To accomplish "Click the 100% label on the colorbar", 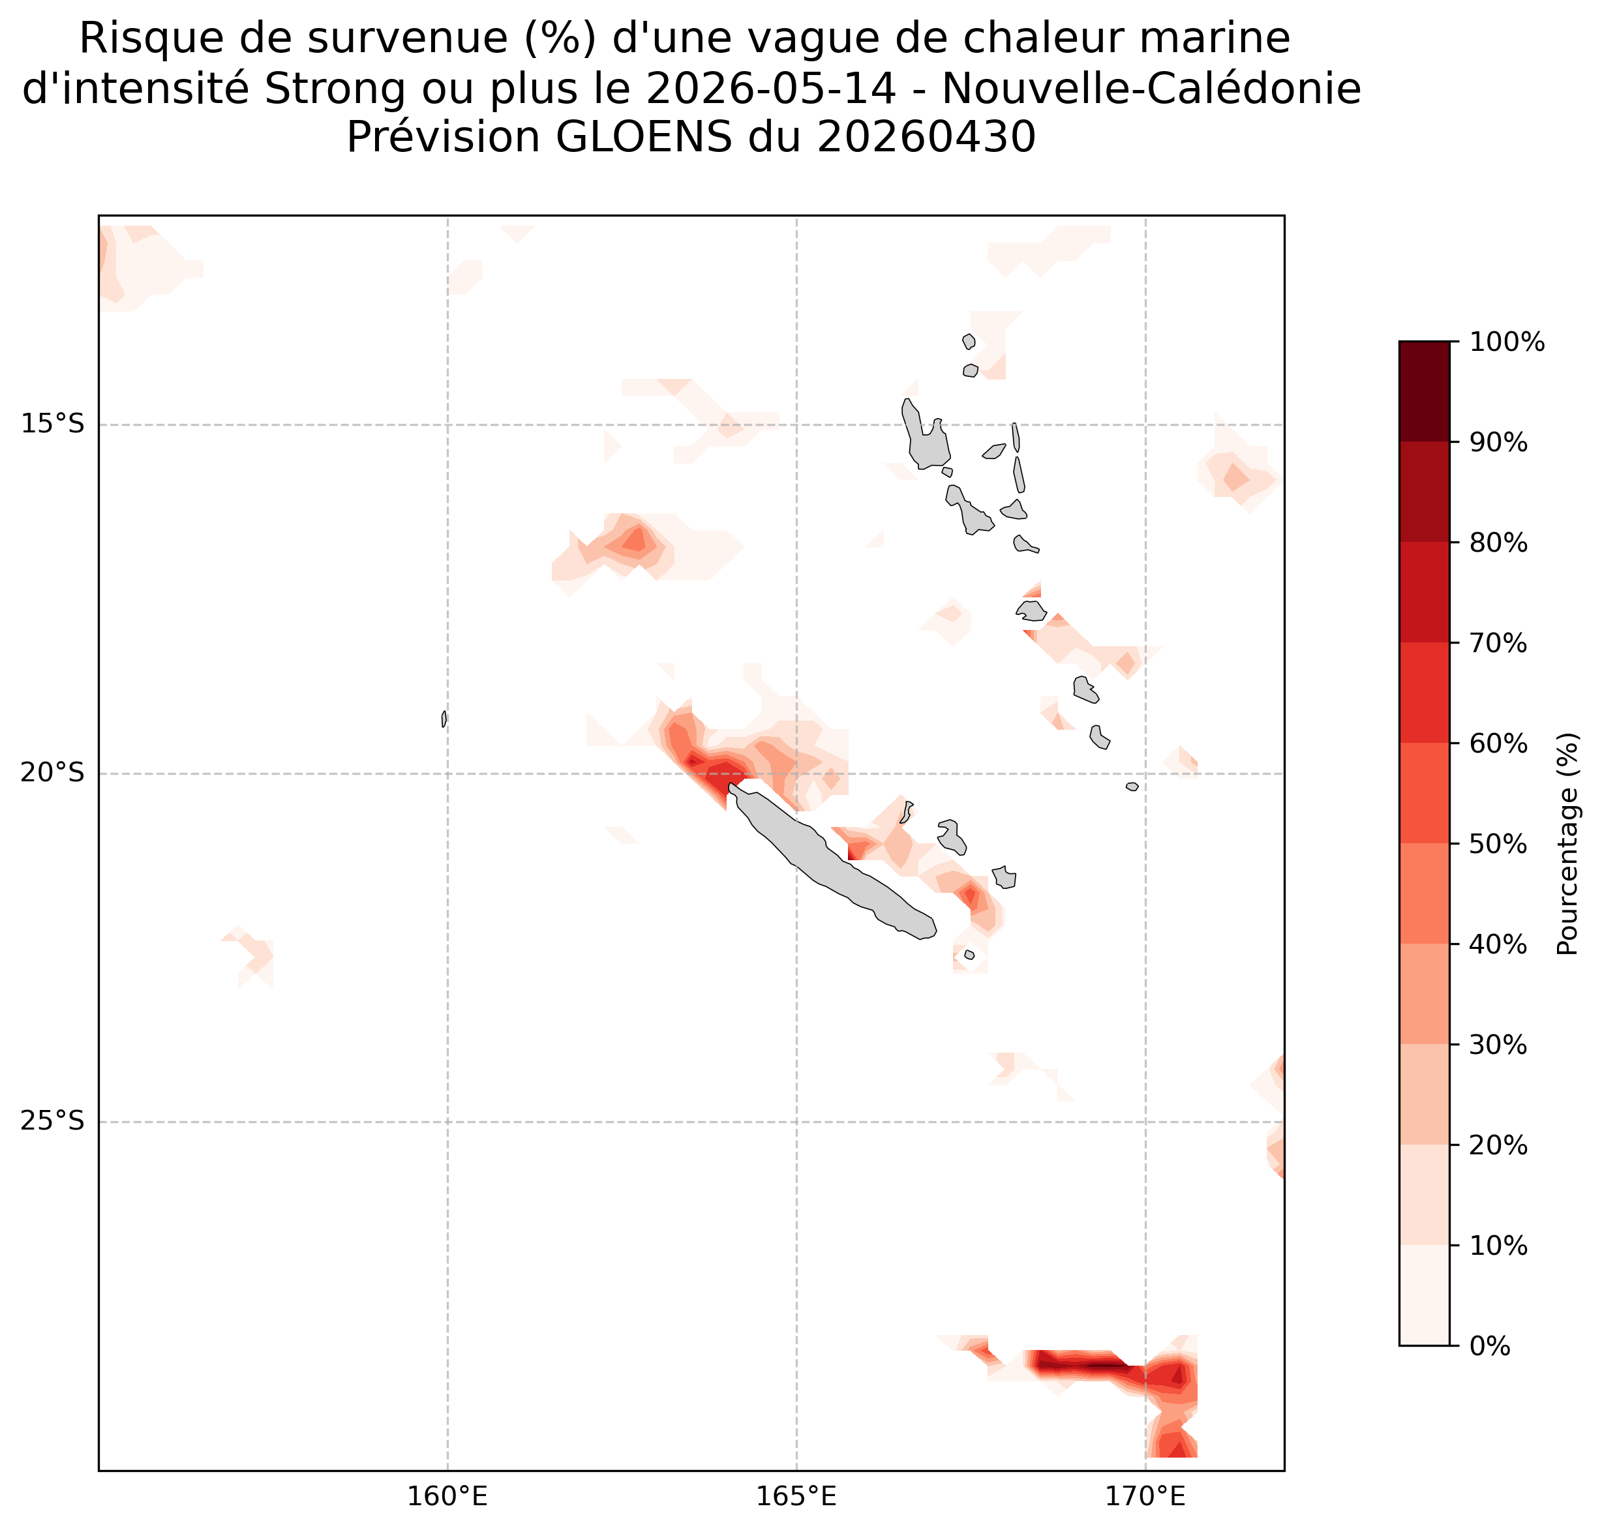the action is coord(1507,342).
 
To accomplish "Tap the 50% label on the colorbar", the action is coord(1498,843).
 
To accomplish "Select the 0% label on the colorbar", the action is coord(1490,1345).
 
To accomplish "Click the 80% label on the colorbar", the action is coord(1498,543).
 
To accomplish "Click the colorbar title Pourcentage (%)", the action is coord(1567,843).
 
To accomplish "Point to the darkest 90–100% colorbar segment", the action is coord(1424,391).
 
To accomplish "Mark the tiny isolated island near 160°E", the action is coord(444,719).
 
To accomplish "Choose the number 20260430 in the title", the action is coord(927,137).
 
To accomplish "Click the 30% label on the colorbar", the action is coord(1498,1044).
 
